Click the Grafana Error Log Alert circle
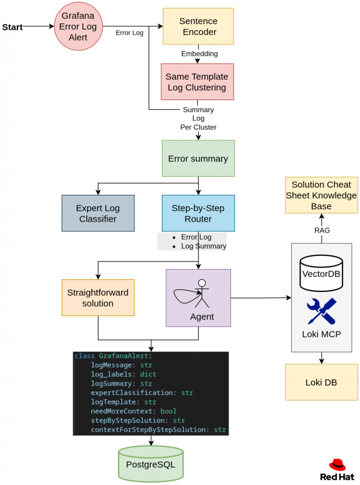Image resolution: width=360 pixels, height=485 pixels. [x=78, y=26]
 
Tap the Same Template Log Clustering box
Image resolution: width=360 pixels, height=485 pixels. [x=197, y=82]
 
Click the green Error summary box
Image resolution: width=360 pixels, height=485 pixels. [x=198, y=159]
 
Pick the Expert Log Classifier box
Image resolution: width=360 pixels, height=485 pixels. [x=98, y=213]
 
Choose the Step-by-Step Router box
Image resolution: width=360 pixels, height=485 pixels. [x=198, y=213]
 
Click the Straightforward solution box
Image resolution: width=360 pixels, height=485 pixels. [x=98, y=297]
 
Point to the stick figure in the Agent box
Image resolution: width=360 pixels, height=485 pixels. [x=201, y=294]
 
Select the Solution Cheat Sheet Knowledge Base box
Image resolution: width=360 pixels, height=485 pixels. [x=321, y=195]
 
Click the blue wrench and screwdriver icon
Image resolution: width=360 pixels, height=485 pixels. [x=321, y=312]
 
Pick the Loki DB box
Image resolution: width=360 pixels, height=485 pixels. [x=321, y=382]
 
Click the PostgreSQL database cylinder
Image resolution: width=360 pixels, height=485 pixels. [x=151, y=463]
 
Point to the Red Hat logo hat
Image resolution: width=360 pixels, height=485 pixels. [x=337, y=465]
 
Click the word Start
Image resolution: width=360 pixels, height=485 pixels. [x=13, y=28]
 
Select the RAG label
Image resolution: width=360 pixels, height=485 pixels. [x=322, y=230]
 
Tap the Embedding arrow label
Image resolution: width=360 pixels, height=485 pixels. [x=199, y=54]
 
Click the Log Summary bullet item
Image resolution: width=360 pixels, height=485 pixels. [x=203, y=246]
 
